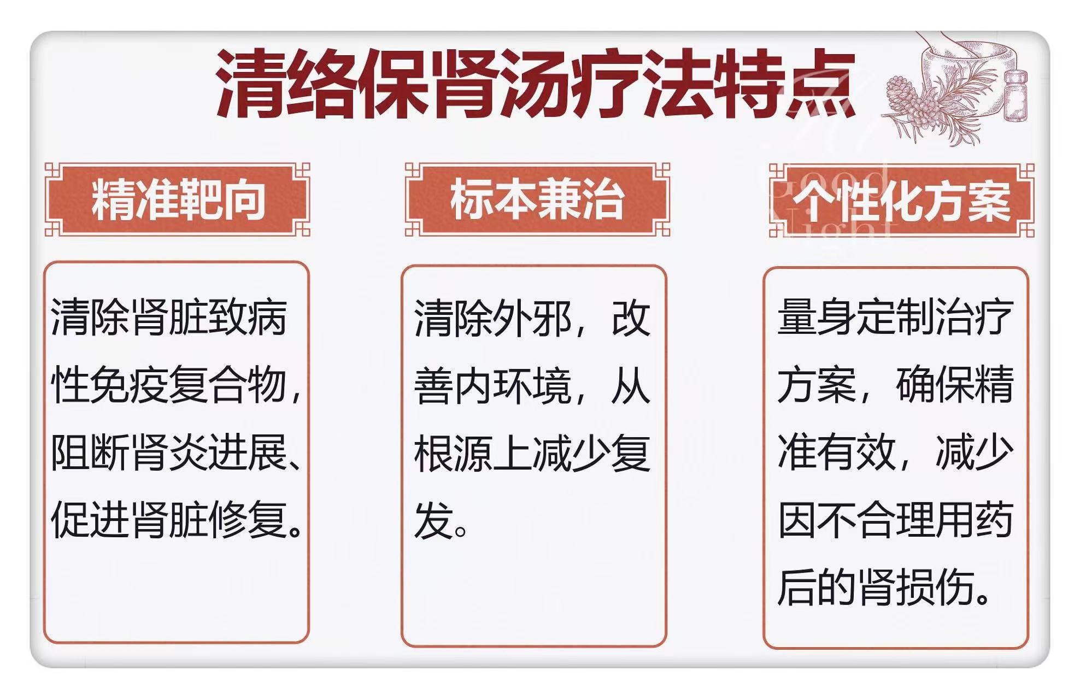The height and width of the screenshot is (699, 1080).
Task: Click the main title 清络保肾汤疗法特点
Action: (536, 84)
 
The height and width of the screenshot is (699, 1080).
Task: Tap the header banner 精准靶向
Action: (178, 200)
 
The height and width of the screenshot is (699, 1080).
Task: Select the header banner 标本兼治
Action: (537, 200)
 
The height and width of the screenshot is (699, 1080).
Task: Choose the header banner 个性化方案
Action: (902, 201)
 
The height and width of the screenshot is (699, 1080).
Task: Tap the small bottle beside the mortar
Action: (1015, 96)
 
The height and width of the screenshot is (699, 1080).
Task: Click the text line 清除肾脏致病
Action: (169, 317)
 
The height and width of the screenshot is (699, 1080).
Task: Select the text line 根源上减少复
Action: (532, 454)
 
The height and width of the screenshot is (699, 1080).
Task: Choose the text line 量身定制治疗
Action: (896, 318)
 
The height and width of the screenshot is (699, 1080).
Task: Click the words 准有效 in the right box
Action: (837, 453)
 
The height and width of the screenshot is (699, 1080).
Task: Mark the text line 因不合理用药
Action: (896, 520)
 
